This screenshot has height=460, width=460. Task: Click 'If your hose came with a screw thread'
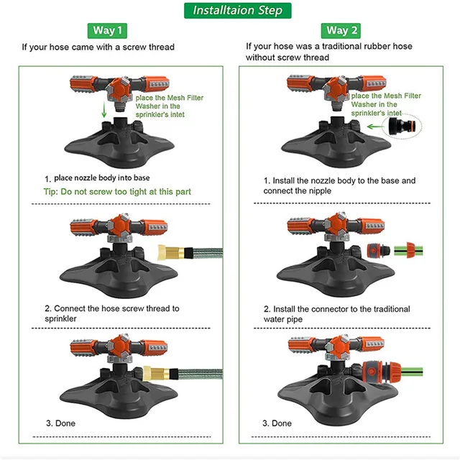coord(98,47)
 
